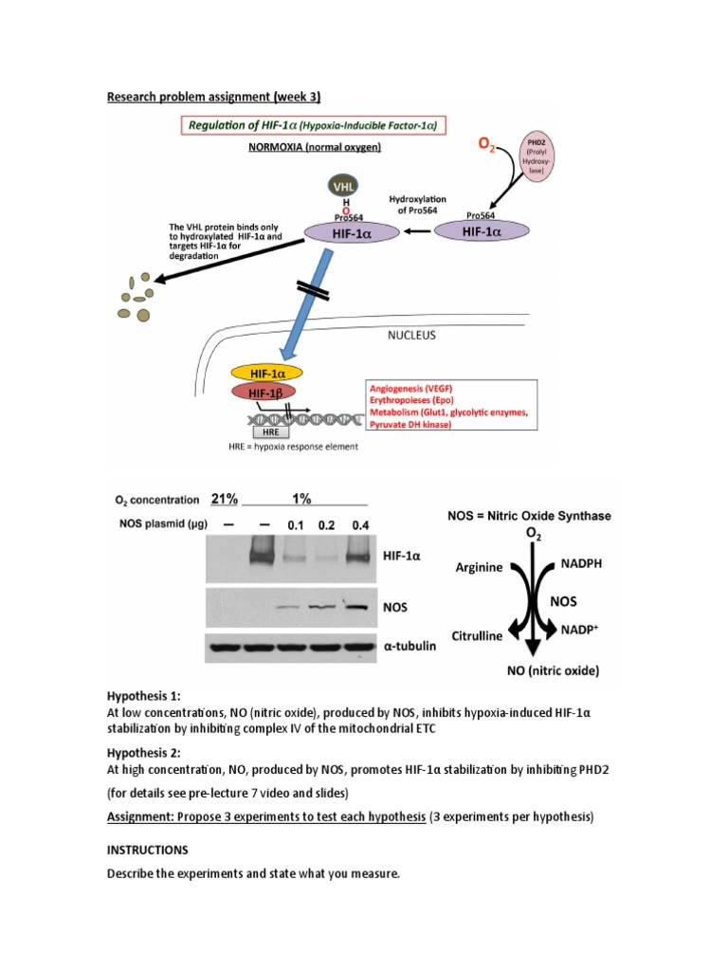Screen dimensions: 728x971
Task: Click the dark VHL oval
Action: point(342,186)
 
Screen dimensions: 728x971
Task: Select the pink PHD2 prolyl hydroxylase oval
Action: point(537,156)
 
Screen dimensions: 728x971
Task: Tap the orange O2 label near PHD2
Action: point(486,144)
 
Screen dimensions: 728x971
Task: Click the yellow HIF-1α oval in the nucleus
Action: point(266,374)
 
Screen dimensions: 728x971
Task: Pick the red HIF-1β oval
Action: point(264,393)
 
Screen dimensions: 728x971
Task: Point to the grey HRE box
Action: point(270,431)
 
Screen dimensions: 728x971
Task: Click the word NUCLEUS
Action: point(411,335)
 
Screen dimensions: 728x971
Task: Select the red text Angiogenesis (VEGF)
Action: point(411,388)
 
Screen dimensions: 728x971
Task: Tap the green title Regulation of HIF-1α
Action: point(313,125)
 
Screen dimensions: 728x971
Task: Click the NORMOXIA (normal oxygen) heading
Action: point(315,147)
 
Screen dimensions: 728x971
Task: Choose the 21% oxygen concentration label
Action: point(224,499)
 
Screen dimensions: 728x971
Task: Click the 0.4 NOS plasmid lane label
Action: point(360,525)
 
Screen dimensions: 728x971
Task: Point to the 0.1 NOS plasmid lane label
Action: point(296,525)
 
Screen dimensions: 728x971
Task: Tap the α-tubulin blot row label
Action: point(409,646)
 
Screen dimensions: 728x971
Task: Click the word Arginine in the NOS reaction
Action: point(479,567)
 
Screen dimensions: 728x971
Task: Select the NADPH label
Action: point(581,563)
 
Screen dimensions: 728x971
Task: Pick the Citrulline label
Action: point(477,636)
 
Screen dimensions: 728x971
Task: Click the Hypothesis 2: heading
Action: point(144,753)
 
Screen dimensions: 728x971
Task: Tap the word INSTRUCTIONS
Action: point(147,850)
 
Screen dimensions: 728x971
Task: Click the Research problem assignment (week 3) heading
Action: point(213,97)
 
